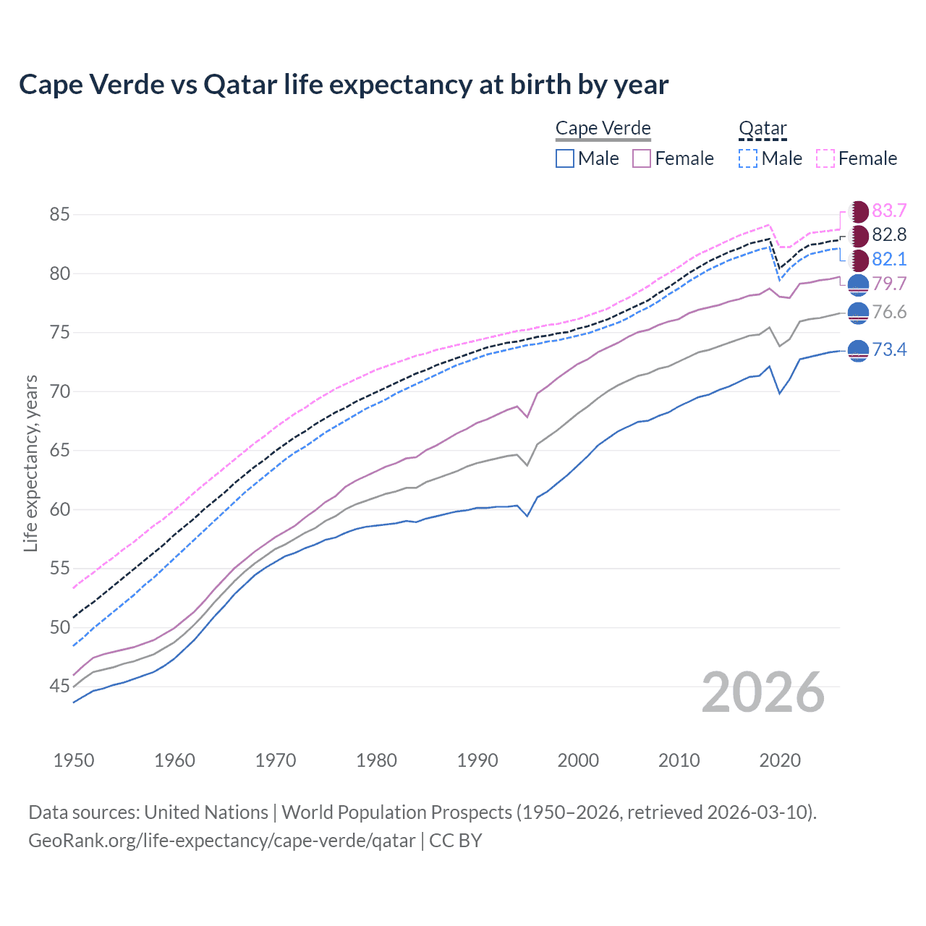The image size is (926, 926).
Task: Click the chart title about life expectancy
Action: click(344, 85)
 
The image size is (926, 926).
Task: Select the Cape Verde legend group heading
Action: click(603, 128)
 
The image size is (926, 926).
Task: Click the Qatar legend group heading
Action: click(763, 128)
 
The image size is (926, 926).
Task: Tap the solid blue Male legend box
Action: click(565, 158)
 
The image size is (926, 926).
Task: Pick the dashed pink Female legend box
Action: click(825, 158)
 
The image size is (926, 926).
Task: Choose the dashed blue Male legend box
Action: click(748, 158)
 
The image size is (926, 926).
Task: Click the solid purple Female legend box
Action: click(642, 158)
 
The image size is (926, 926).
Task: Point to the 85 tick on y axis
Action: click(59, 214)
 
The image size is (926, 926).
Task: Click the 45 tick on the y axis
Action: click(59, 686)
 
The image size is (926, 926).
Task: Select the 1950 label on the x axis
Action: click(74, 760)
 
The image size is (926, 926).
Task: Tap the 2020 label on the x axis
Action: click(780, 760)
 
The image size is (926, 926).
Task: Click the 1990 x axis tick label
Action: click(477, 760)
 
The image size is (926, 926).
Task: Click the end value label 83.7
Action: click(889, 211)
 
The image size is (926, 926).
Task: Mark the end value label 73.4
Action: click(889, 350)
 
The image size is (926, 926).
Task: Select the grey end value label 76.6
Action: click(889, 312)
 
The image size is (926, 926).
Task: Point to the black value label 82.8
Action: click(889, 234)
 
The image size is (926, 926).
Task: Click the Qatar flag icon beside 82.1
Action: click(858, 260)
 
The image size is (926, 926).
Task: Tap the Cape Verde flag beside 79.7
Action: click(858, 284)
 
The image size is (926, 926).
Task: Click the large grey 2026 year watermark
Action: click(763, 692)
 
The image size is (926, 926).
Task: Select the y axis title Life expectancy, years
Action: click(30, 463)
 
